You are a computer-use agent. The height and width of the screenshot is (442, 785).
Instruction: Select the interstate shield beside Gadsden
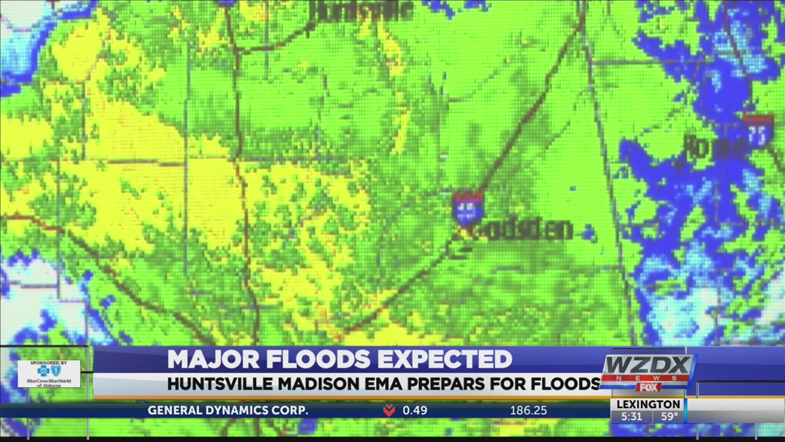pos(468,207)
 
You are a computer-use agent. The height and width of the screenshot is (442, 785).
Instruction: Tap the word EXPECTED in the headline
pos(444,360)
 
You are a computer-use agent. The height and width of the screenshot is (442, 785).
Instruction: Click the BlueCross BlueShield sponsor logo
pos(49,374)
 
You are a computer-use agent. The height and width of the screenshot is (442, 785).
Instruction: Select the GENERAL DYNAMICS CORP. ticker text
pos(228,410)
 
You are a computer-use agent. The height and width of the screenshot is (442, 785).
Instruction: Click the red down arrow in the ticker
pos(389,410)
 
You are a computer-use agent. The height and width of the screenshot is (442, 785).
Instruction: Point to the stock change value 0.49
pos(415,410)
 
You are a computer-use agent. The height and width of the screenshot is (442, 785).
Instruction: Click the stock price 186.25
pos(528,410)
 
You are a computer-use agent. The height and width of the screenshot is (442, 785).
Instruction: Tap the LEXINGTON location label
pos(648,404)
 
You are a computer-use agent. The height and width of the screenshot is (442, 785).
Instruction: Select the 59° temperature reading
pos(669,417)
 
